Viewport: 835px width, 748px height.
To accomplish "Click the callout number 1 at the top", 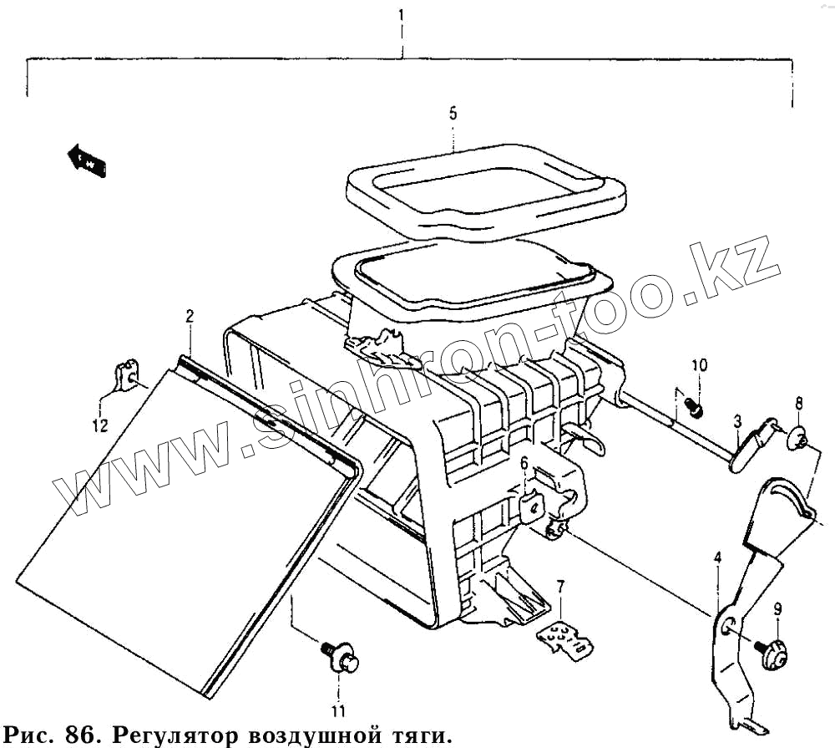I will (x=402, y=15).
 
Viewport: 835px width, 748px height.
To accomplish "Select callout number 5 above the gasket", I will (x=453, y=114).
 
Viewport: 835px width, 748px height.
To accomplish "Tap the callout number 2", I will (x=190, y=316).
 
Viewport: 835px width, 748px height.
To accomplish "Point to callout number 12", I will (x=99, y=427).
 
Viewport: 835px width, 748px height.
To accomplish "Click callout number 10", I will (x=699, y=365).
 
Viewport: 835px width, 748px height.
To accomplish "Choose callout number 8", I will (x=798, y=405).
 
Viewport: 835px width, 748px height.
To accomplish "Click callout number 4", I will (x=716, y=558).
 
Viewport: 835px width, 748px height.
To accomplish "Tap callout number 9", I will (x=777, y=609).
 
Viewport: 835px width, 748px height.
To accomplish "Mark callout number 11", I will (x=337, y=711).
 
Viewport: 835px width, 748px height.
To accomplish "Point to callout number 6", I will (x=524, y=463).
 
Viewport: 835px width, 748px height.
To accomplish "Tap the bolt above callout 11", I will (x=339, y=656).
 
